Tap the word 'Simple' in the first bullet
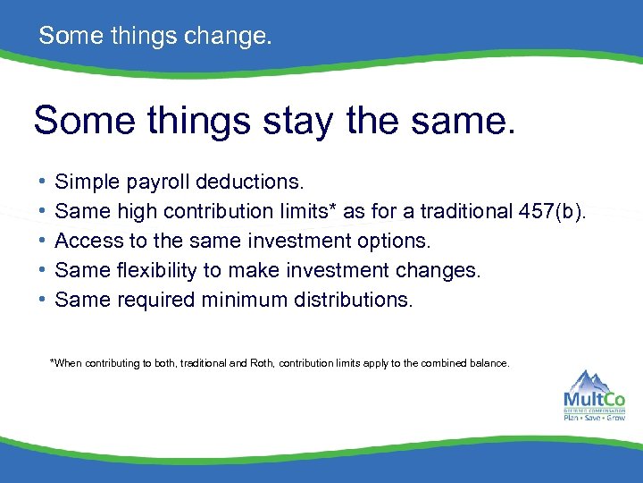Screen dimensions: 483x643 point(87,182)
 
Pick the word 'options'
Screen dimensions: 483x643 point(393,241)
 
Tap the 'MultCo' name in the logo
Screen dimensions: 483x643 point(594,400)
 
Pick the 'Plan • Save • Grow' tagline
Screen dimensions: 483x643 point(594,417)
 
